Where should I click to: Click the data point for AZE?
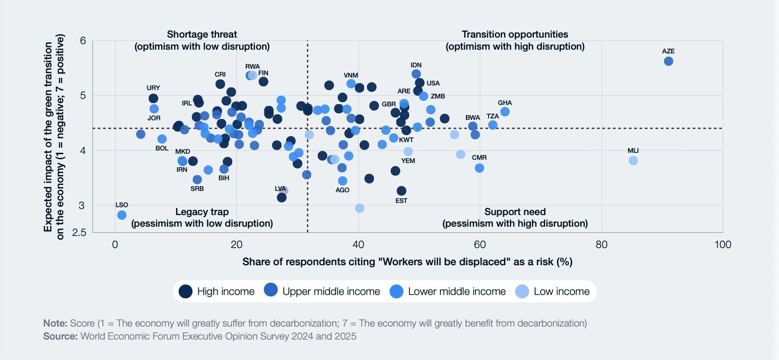(668, 61)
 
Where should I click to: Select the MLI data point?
(633, 161)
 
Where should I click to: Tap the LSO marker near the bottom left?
(122, 215)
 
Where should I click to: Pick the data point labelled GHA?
(504, 112)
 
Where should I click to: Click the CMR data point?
(479, 168)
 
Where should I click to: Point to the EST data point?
(401, 191)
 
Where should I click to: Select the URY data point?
(153, 98)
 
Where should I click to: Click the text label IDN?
(416, 65)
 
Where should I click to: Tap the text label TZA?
(492, 116)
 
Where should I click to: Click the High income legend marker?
(185, 292)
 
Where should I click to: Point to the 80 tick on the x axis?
(601, 245)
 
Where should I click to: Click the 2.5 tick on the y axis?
(79, 233)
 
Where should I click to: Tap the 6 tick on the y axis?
(83, 41)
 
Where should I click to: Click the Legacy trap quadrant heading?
(202, 212)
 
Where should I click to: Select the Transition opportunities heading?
(515, 34)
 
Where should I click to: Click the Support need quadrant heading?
(515, 212)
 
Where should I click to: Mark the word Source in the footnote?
(60, 336)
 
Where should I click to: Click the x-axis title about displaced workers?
(407, 262)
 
